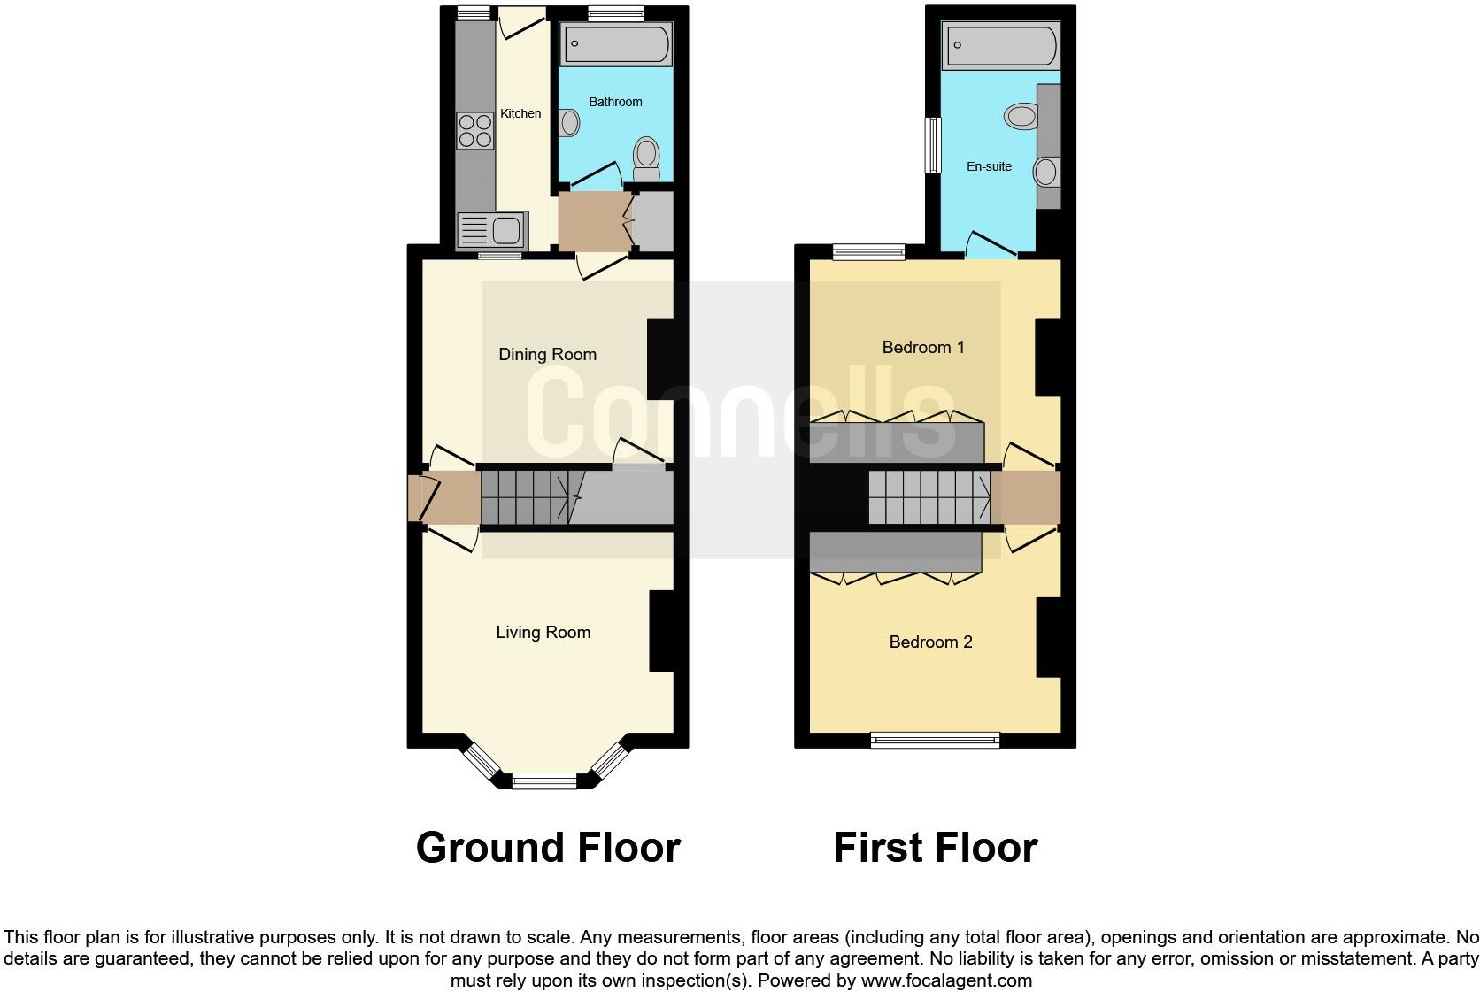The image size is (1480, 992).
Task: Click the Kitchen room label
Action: tap(520, 113)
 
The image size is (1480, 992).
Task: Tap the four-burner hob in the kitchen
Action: tap(475, 131)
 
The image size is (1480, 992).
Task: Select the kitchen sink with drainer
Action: tap(492, 231)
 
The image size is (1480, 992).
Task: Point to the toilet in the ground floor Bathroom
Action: tap(647, 159)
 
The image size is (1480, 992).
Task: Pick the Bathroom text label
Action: tap(615, 102)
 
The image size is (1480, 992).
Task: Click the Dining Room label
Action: tap(547, 355)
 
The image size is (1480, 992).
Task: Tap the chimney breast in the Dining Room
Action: tap(661, 358)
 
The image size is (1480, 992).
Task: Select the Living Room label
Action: tap(543, 632)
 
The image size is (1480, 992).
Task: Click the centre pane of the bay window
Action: tap(544, 781)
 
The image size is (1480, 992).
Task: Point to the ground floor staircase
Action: tap(526, 497)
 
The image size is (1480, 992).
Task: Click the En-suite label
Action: tap(989, 166)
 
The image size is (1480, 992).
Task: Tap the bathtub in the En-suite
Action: tap(1001, 47)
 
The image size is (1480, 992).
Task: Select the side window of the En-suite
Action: tap(932, 145)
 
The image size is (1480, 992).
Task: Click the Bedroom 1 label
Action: tap(923, 348)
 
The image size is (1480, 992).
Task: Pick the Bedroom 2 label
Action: tap(930, 642)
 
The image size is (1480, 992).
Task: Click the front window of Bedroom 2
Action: tap(935, 740)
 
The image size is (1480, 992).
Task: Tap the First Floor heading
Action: tap(935, 848)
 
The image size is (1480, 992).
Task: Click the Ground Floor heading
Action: tap(548, 848)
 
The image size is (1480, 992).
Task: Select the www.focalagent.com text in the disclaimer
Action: tap(946, 980)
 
